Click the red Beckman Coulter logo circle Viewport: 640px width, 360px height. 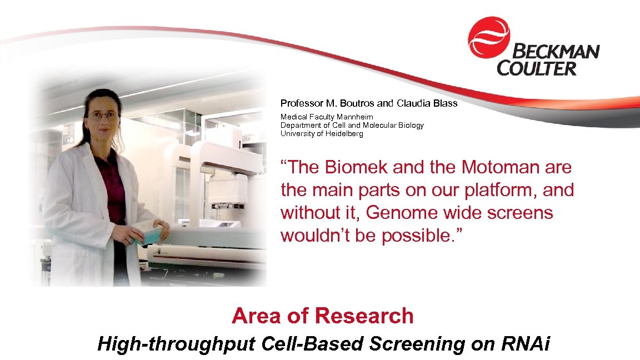tap(488, 37)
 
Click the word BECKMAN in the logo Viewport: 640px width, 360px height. tap(555, 52)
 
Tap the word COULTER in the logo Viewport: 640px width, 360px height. tap(537, 69)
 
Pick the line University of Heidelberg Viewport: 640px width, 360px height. tap(322, 133)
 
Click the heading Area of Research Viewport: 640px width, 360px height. tap(322, 316)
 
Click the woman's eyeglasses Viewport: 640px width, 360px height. tap(103, 116)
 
